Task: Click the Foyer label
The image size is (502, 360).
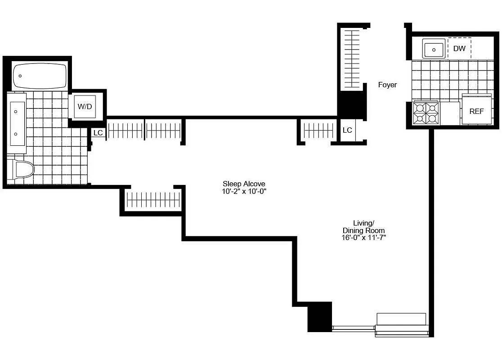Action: (x=387, y=85)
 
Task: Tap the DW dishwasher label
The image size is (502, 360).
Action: (x=459, y=49)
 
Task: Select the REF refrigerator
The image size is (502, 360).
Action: (x=476, y=111)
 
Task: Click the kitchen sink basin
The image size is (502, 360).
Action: (x=434, y=49)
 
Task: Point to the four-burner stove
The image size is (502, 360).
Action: (x=426, y=113)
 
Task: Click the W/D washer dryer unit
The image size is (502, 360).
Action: (x=85, y=107)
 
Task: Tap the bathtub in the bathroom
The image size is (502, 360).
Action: (x=40, y=76)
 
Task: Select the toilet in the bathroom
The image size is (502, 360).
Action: (x=22, y=170)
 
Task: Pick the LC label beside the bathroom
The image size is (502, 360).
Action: (x=98, y=133)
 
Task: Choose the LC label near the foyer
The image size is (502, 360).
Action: (x=347, y=130)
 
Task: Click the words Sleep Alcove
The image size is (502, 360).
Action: (x=244, y=184)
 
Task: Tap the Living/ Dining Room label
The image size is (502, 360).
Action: (x=363, y=226)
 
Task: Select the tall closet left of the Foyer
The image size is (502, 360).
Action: (x=352, y=58)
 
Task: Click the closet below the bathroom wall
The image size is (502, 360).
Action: (x=152, y=199)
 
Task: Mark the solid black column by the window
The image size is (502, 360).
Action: (x=319, y=317)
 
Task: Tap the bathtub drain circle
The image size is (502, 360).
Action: (x=20, y=76)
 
